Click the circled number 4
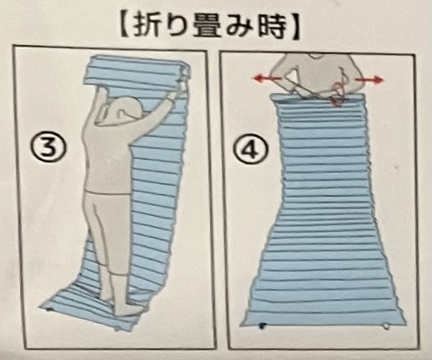(251, 151)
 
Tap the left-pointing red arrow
(267, 79)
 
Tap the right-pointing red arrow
(369, 80)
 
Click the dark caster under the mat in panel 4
(262, 326)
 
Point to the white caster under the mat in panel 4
(386, 327)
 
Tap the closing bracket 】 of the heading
(295, 25)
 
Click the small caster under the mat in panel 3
(49, 310)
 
